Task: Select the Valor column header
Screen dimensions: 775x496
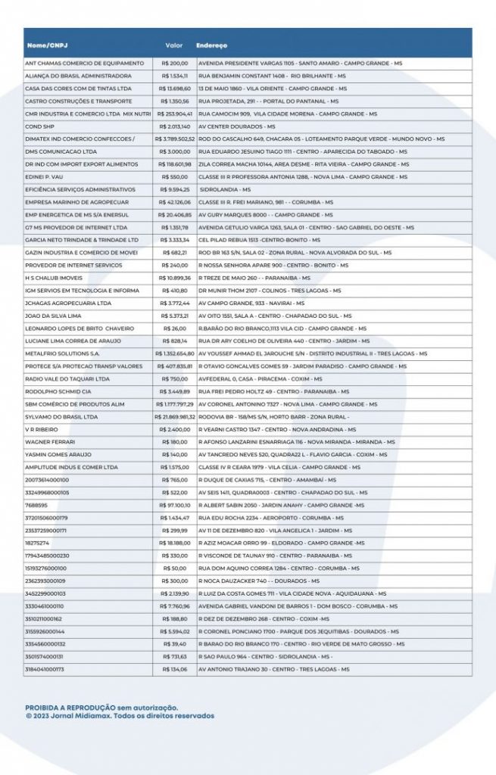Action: tap(175, 45)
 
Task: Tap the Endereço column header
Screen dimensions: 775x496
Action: tap(211, 45)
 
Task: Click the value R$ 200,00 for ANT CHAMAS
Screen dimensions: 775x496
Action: tap(175, 63)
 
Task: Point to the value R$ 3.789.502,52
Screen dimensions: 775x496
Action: tap(175, 139)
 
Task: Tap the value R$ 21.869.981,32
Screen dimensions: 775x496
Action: tap(175, 416)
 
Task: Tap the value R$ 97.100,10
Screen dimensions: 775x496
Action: tap(175, 505)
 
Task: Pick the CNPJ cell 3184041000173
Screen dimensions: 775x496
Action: tap(45, 669)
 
